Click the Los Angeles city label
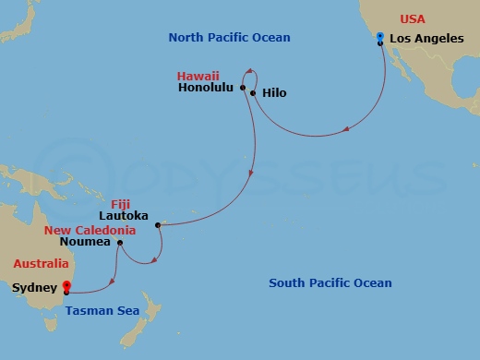[426, 39]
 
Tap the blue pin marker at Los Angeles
[380, 37]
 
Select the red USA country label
[413, 18]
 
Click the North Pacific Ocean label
[229, 38]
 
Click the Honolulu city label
[205, 89]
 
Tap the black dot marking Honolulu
[243, 89]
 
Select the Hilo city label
[274, 93]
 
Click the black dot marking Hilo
[253, 93]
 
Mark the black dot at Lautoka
[158, 224]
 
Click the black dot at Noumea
[119, 243]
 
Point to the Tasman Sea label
[102, 310]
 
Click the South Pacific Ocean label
[330, 282]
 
